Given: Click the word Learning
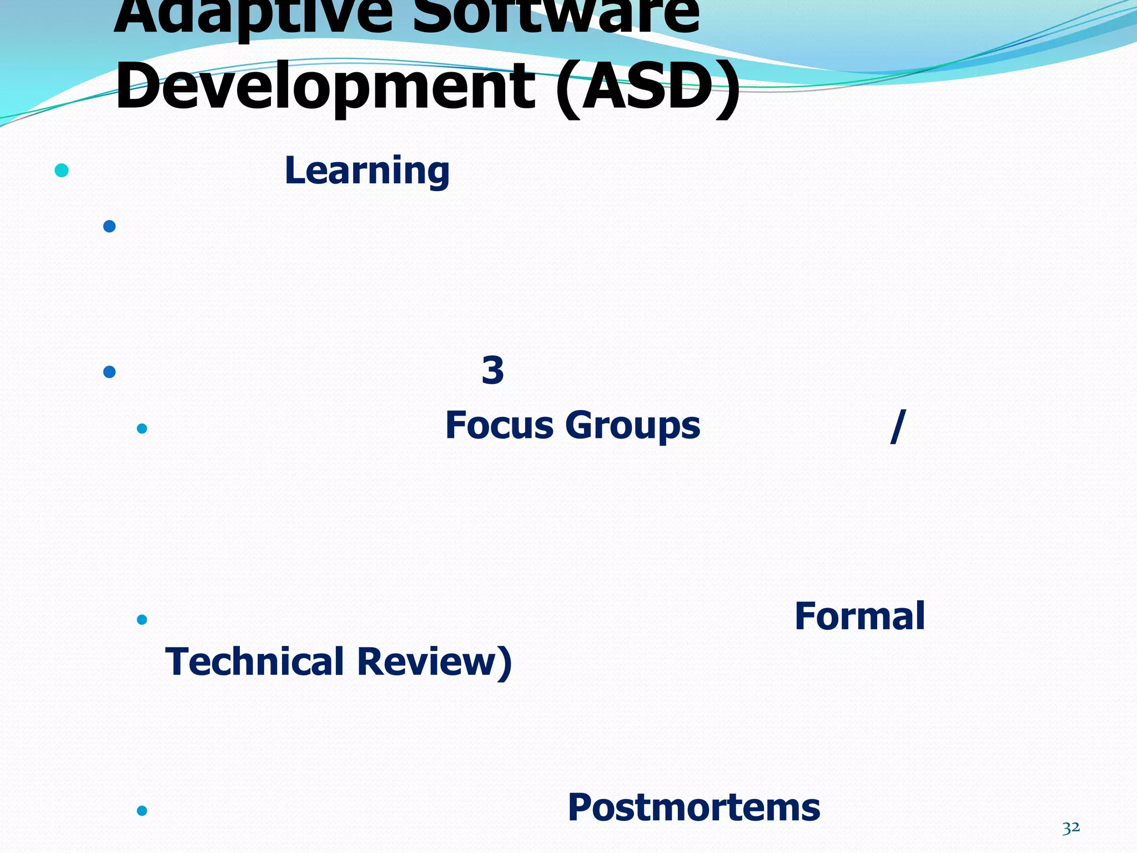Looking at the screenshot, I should click(x=367, y=171).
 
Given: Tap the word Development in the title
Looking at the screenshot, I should click(x=325, y=86).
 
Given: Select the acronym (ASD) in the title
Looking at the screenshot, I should click(x=648, y=86).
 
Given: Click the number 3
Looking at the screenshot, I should click(x=492, y=370).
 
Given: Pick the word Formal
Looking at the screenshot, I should click(x=859, y=616).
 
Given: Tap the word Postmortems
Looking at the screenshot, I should click(x=693, y=807).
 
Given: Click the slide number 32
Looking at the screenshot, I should click(x=1071, y=827).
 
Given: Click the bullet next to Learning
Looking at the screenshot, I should click(x=62, y=170).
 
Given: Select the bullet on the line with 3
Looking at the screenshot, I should click(x=109, y=372).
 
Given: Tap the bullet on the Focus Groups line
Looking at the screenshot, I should click(x=142, y=428).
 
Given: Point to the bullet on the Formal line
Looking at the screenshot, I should click(x=142, y=619).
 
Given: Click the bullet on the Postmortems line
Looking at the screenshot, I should click(x=142, y=811).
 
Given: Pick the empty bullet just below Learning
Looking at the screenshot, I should click(x=109, y=226).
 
